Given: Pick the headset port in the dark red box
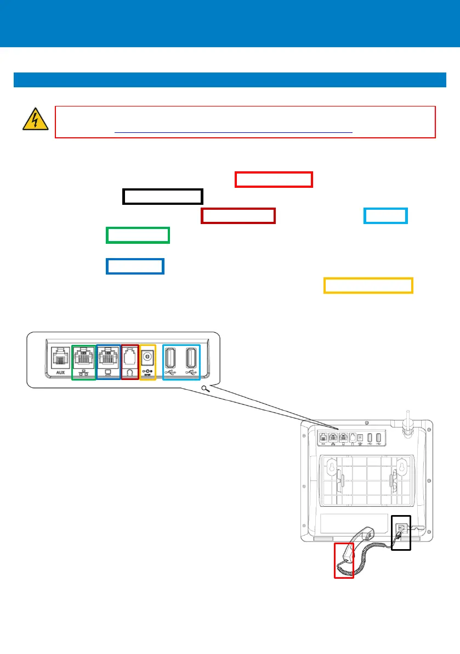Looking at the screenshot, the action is [x=130, y=358].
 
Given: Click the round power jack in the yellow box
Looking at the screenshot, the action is [x=148, y=357].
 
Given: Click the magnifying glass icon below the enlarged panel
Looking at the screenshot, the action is [x=205, y=389].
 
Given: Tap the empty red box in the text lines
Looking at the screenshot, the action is [x=274, y=180].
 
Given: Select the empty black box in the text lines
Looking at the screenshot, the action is [x=162, y=197].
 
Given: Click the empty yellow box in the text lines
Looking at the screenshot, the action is [x=368, y=286].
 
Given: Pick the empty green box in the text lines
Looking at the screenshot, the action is [x=138, y=235].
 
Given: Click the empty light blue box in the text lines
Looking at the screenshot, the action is [x=386, y=216].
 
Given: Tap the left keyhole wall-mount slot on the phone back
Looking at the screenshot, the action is [x=331, y=467].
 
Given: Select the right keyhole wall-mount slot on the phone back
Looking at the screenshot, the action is [x=400, y=466].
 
